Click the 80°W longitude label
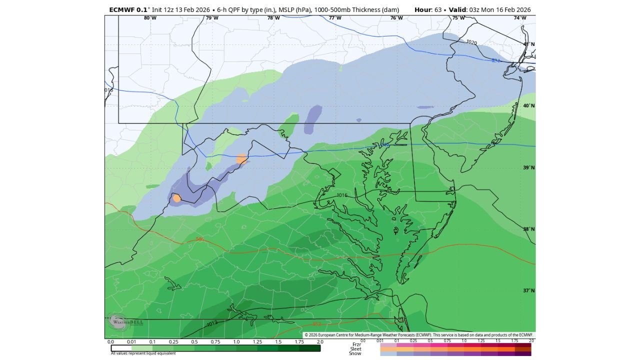pyautogui.click(x=150, y=18)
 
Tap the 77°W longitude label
pyautogui.click(x=335, y=18)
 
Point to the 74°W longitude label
pyautogui.click(x=520, y=18)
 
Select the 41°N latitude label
pyautogui.click(x=529, y=44)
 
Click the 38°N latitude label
pyautogui.click(x=529, y=229)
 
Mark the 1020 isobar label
pyautogui.click(x=471, y=42)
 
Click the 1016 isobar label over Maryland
pyautogui.click(x=342, y=195)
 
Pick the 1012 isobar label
pyautogui.click(x=212, y=324)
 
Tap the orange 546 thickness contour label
pyautogui.click(x=199, y=239)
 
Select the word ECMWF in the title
pyautogui.click(x=121, y=10)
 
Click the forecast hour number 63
pyautogui.click(x=437, y=10)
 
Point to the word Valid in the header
pyautogui.click(x=457, y=10)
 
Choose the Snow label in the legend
pyautogui.click(x=355, y=353)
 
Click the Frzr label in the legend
pyautogui.click(x=356, y=344)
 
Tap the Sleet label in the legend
pyautogui.click(x=355, y=349)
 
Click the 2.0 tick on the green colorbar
pyautogui.click(x=320, y=342)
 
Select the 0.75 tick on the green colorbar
pyautogui.click(x=215, y=342)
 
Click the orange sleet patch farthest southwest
pyautogui.click(x=176, y=198)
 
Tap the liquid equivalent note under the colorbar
pyautogui.click(x=143, y=353)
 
